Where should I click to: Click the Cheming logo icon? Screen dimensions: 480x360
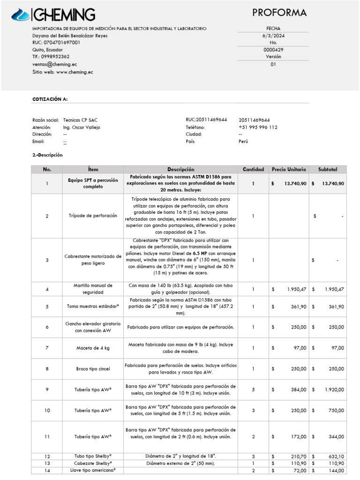[x=21, y=15]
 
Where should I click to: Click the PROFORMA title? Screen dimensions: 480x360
[x=279, y=13]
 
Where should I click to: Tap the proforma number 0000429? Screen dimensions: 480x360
[x=273, y=50]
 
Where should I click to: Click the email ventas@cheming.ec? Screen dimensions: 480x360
[x=55, y=64]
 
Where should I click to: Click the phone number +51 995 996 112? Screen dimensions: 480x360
[x=258, y=127]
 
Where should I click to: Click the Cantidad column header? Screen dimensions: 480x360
[x=253, y=169]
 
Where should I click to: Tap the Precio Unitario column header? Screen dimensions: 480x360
[x=289, y=169]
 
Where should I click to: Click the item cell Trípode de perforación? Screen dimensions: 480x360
[x=93, y=216]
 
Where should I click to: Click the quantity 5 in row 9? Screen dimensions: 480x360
[x=253, y=390]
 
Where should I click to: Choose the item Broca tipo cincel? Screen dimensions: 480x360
[x=93, y=369]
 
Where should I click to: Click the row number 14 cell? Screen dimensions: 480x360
[x=47, y=470]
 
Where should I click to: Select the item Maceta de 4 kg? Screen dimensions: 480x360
[x=93, y=348]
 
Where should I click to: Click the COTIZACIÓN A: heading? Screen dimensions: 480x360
[x=50, y=99]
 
